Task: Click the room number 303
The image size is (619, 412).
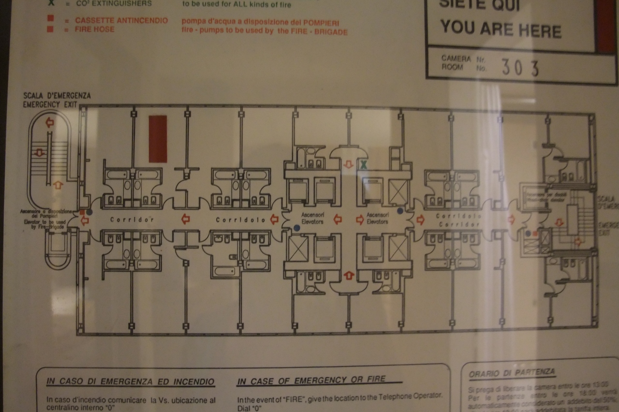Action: [520, 67]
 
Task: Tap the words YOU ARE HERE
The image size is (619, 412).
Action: [500, 29]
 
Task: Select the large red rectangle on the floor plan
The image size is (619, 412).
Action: [158, 139]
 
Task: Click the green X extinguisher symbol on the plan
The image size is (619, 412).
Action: [363, 164]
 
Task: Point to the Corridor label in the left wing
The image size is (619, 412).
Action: [132, 220]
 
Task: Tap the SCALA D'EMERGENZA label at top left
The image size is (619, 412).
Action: [57, 96]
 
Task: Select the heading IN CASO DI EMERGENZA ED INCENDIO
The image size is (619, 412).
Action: [130, 381]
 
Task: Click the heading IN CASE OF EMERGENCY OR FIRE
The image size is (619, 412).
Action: [319, 381]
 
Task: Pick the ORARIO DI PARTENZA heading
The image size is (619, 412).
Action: [512, 373]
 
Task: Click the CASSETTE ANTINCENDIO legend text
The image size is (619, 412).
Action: [121, 21]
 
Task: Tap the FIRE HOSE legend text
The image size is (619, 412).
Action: [95, 29]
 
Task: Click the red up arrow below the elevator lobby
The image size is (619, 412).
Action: [348, 276]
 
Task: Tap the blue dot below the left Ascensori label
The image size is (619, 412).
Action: [297, 227]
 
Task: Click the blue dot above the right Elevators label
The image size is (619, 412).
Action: [400, 210]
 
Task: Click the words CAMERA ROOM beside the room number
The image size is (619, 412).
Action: [456, 63]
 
